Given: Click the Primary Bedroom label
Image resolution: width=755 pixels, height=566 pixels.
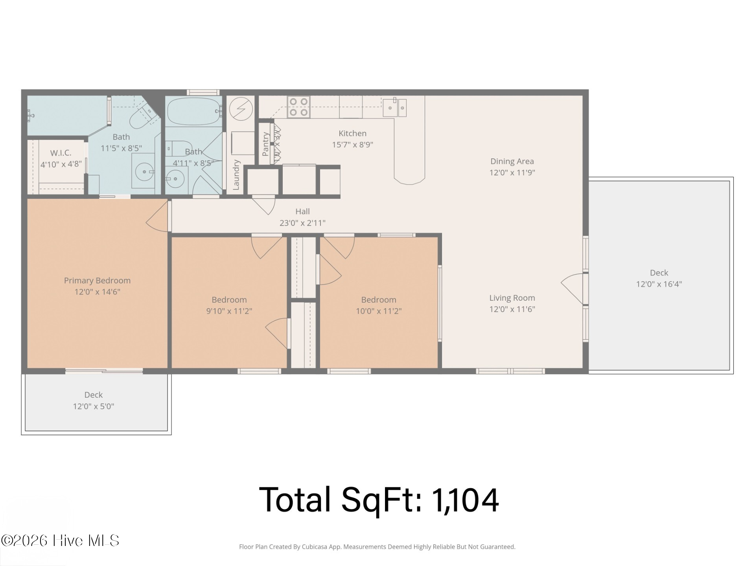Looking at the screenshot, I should pyautogui.click(x=97, y=281).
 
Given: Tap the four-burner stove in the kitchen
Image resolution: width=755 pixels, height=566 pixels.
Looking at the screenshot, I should pyautogui.click(x=298, y=107).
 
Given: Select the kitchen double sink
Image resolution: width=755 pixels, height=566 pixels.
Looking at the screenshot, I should pyautogui.click(x=395, y=107).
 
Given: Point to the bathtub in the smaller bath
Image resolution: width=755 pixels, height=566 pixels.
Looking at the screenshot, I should pyautogui.click(x=193, y=111).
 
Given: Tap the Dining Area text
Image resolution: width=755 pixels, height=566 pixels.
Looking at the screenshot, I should pyautogui.click(x=512, y=161).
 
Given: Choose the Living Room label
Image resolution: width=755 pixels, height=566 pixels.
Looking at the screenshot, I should pyautogui.click(x=512, y=298).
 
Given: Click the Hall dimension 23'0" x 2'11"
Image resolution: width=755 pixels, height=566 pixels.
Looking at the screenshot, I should pyautogui.click(x=302, y=223).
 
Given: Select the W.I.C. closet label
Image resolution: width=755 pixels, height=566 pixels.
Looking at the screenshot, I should pyautogui.click(x=61, y=153).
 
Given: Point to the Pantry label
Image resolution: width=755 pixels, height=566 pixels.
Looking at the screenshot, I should pyautogui.click(x=265, y=144).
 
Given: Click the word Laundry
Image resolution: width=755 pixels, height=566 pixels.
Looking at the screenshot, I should pyautogui.click(x=236, y=175).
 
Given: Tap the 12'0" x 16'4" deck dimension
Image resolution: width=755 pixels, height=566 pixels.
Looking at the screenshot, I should pyautogui.click(x=659, y=284).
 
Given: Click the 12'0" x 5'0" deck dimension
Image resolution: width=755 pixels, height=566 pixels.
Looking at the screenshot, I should pyautogui.click(x=94, y=406).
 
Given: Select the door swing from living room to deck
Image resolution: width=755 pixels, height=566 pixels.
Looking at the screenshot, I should pyautogui.click(x=573, y=289).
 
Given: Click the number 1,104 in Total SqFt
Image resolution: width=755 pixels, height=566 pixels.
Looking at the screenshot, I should pyautogui.click(x=465, y=500).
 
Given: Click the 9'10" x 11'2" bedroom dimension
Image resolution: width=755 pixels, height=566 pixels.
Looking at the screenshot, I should pyautogui.click(x=229, y=311).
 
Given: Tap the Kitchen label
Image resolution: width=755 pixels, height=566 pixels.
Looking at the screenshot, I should pyautogui.click(x=352, y=134).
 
